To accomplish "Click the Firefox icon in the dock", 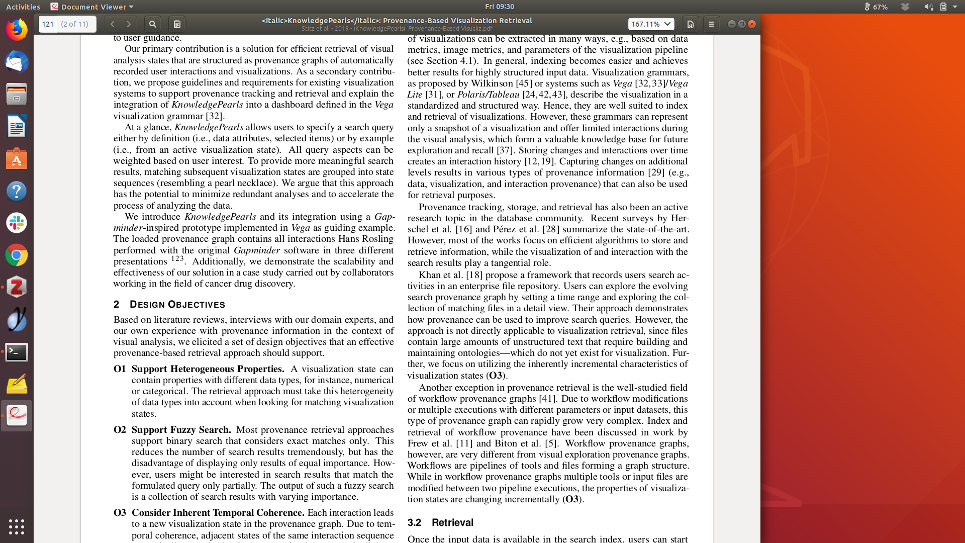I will point(17,30).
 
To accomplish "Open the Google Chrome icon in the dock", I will point(17,255).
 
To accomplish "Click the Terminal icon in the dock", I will point(17,352).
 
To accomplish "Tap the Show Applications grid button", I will point(17,526).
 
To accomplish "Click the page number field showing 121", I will point(48,24).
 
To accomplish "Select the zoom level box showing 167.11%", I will point(651,24).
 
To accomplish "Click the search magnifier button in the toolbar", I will point(153,24).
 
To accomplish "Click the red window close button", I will point(752,24).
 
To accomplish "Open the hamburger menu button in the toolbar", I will point(711,24).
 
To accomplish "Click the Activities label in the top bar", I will point(23,7).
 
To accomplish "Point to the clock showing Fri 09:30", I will point(499,7).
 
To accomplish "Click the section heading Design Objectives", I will point(177,305).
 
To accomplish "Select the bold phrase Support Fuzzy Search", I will point(181,430).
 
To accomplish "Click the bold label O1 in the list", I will point(120,369).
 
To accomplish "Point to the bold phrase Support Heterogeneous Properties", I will point(208,369).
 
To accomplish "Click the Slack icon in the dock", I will point(17,223).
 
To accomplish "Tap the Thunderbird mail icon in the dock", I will point(17,62).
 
